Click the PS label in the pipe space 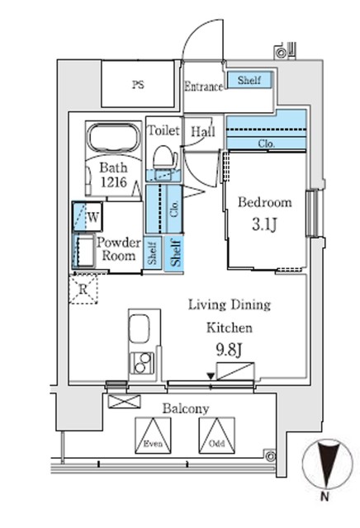(137, 84)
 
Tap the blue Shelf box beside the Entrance (249, 81)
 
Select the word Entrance (204, 86)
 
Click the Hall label (202, 131)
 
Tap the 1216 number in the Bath (114, 184)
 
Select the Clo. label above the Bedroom (266, 143)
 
